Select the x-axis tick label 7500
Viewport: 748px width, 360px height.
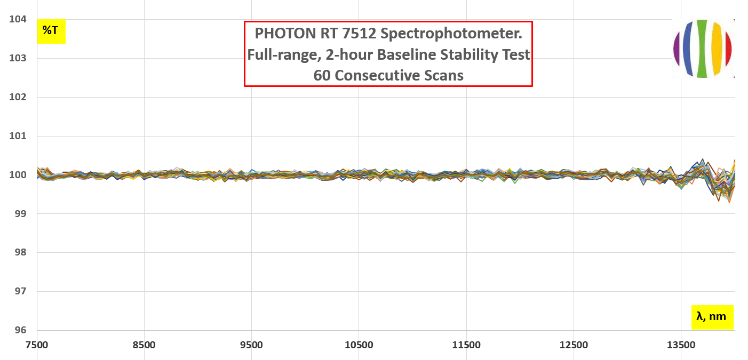(x=37, y=345)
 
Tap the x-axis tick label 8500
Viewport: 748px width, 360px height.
(x=144, y=345)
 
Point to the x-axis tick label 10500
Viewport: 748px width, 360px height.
(x=359, y=345)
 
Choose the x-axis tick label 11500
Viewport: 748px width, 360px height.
(x=466, y=345)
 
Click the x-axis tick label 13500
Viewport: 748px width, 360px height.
(x=681, y=345)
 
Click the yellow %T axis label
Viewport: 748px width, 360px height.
(x=51, y=31)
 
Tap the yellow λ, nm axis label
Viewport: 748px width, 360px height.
(x=711, y=317)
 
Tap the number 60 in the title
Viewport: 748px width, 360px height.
(x=322, y=76)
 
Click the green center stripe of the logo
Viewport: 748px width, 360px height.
(x=702, y=49)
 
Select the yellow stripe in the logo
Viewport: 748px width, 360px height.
(x=716, y=49)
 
